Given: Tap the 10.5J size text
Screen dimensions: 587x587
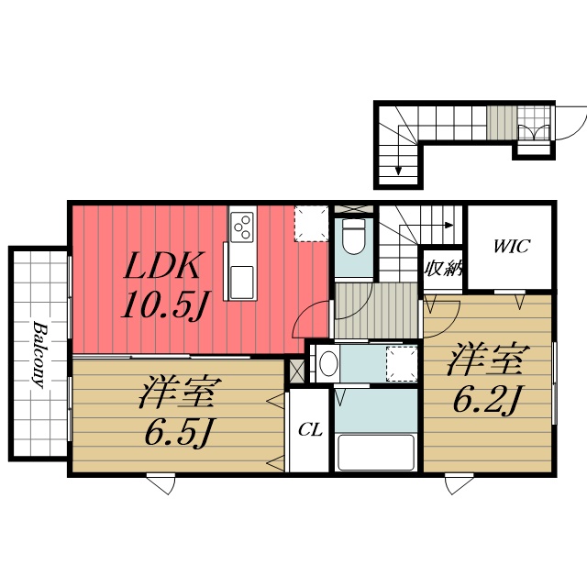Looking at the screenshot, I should click(x=162, y=306).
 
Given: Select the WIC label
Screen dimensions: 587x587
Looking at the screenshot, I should click(x=510, y=247).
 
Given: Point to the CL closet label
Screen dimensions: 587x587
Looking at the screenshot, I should click(x=309, y=430).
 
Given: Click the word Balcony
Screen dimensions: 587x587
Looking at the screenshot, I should click(x=40, y=355).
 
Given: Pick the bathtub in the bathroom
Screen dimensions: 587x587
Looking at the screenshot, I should click(x=375, y=452).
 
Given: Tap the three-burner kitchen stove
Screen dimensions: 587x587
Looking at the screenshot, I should click(x=242, y=225).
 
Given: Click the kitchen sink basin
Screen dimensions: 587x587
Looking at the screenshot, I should click(x=240, y=282).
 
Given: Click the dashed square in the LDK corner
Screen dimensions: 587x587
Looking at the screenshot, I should click(x=311, y=223).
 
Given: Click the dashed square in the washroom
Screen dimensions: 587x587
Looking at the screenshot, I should click(x=402, y=362).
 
